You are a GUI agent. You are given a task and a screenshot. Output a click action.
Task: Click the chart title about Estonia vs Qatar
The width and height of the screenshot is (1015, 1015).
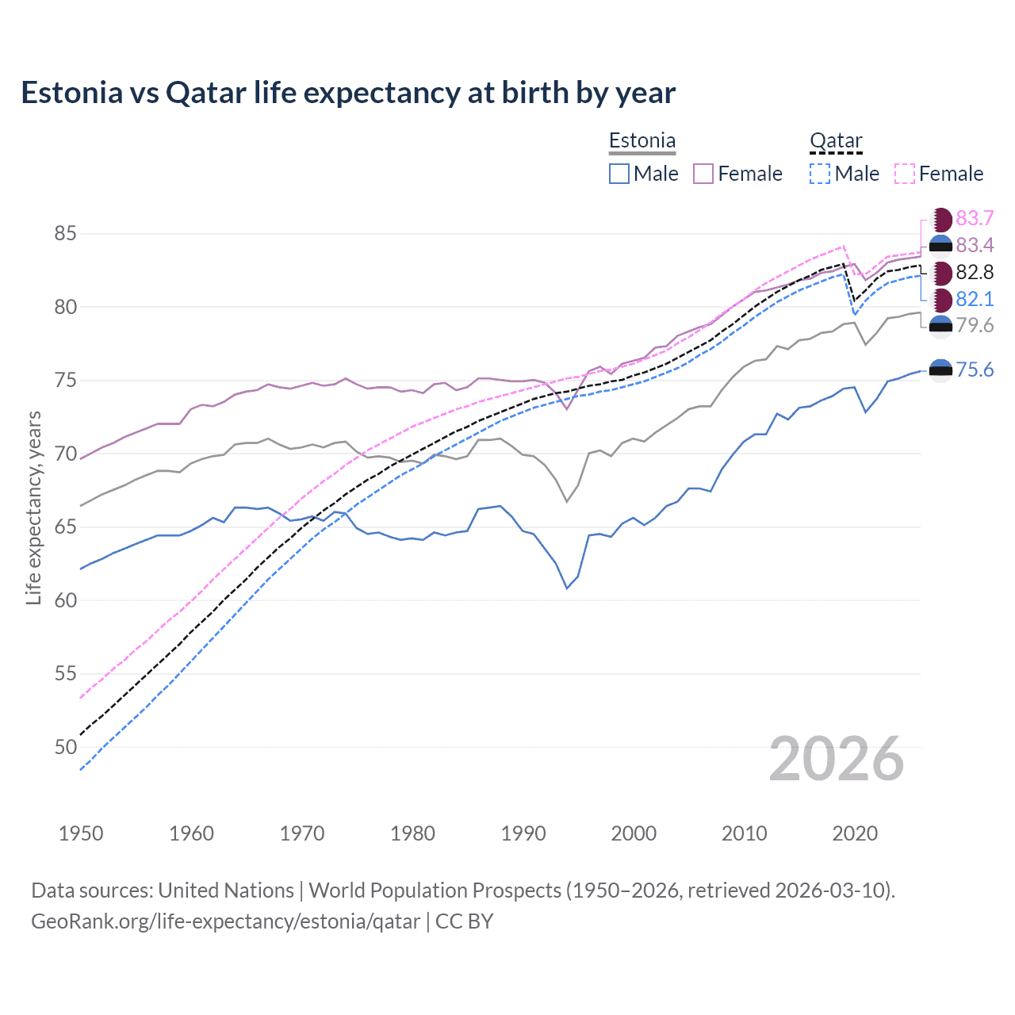[x=348, y=93]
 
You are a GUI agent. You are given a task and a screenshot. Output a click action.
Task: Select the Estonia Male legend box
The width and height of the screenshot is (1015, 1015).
[x=619, y=174]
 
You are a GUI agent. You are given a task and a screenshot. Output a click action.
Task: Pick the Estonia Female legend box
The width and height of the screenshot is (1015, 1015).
[x=703, y=174]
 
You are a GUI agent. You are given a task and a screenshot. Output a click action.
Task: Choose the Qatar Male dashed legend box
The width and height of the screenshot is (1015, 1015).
[x=820, y=174]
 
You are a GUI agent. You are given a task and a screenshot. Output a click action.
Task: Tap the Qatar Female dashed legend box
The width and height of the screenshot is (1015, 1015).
[x=905, y=174]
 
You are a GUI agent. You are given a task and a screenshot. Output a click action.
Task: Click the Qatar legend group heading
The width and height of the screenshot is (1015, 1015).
[x=836, y=141]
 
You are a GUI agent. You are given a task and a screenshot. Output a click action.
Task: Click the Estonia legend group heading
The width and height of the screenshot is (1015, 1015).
[x=642, y=141]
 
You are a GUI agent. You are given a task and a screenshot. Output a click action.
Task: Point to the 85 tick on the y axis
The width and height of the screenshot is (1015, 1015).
[x=65, y=234]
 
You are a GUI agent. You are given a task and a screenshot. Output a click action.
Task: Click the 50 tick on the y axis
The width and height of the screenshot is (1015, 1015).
[x=65, y=747]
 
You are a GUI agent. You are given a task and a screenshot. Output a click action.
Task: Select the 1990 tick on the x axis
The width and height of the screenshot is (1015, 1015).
[x=523, y=833]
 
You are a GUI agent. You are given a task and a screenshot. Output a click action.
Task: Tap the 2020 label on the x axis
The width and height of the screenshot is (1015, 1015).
[x=855, y=833]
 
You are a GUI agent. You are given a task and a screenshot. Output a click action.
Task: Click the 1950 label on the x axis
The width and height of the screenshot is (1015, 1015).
[x=81, y=833]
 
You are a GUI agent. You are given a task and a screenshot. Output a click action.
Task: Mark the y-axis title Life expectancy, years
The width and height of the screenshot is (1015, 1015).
[x=33, y=507]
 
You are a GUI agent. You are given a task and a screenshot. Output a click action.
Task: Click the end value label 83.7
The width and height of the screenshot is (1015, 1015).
[x=975, y=219]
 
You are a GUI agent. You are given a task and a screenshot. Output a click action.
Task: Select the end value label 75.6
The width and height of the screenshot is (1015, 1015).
[x=975, y=370]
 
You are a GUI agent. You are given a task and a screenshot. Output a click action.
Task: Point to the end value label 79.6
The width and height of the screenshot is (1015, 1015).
[x=975, y=326]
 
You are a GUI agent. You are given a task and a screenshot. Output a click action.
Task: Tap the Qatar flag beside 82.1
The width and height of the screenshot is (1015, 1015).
[x=941, y=300]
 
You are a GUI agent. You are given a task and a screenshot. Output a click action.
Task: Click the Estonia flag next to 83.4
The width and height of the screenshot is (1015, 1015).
[x=941, y=246]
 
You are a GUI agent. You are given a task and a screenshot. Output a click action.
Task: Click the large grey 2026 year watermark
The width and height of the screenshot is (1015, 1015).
[x=837, y=759]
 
